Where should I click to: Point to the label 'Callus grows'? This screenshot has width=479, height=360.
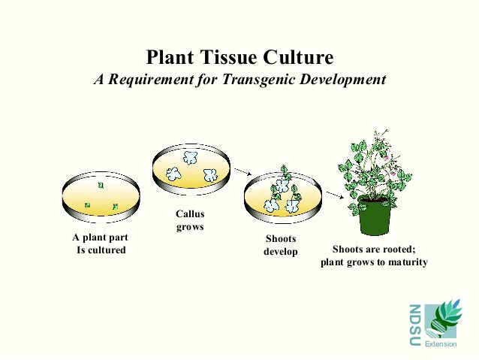click(189, 220)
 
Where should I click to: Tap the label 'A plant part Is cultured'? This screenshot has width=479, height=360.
click(100, 244)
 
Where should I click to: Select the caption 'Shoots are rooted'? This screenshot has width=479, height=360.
click(373, 250)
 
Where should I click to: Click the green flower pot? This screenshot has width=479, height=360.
click(375, 217)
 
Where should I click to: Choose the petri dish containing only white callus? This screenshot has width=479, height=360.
click(191, 167)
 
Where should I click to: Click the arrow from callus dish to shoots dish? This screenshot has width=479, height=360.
click(239, 173)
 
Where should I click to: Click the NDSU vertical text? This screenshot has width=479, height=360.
click(415, 324)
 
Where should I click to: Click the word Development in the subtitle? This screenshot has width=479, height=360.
click(342, 79)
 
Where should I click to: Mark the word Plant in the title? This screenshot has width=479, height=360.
click(170, 57)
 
